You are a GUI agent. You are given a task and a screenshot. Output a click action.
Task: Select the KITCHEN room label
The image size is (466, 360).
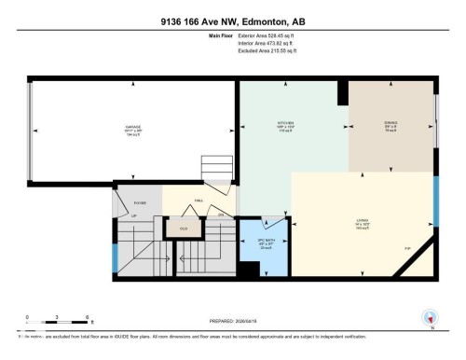[285, 127]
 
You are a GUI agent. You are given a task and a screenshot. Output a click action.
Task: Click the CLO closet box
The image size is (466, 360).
[184, 225]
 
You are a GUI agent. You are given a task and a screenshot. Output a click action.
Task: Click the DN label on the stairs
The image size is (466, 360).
[221, 214]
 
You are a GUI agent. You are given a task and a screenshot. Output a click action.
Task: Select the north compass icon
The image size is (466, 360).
[430, 318]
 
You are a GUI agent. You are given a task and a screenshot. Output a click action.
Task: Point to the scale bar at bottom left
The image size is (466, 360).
[58, 323]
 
